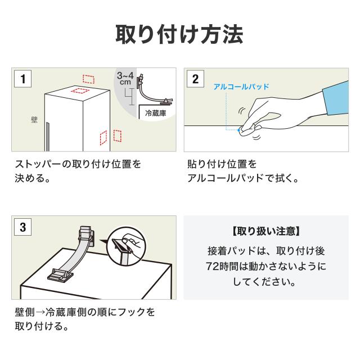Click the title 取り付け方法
(x=179, y=34)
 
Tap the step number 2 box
(x=195, y=79)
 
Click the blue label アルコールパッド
(x=241, y=87)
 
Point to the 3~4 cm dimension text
(x=125, y=78)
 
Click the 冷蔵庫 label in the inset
(x=155, y=113)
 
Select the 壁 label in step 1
(x=34, y=120)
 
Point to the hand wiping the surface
(x=270, y=113)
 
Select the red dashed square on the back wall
(x=89, y=78)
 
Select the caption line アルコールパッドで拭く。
(x=242, y=180)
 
